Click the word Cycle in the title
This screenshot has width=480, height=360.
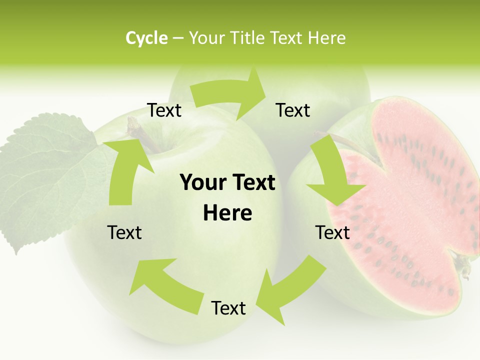point(146,38)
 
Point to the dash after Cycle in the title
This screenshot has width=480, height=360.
point(177,38)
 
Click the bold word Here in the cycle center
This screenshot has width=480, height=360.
point(227,213)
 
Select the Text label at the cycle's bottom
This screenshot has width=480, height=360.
point(228,308)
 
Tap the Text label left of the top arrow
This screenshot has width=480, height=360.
point(164,110)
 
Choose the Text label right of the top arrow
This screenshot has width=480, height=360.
point(293,110)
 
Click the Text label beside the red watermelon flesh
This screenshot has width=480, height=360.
point(332,232)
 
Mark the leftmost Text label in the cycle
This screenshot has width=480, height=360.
point(124,232)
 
